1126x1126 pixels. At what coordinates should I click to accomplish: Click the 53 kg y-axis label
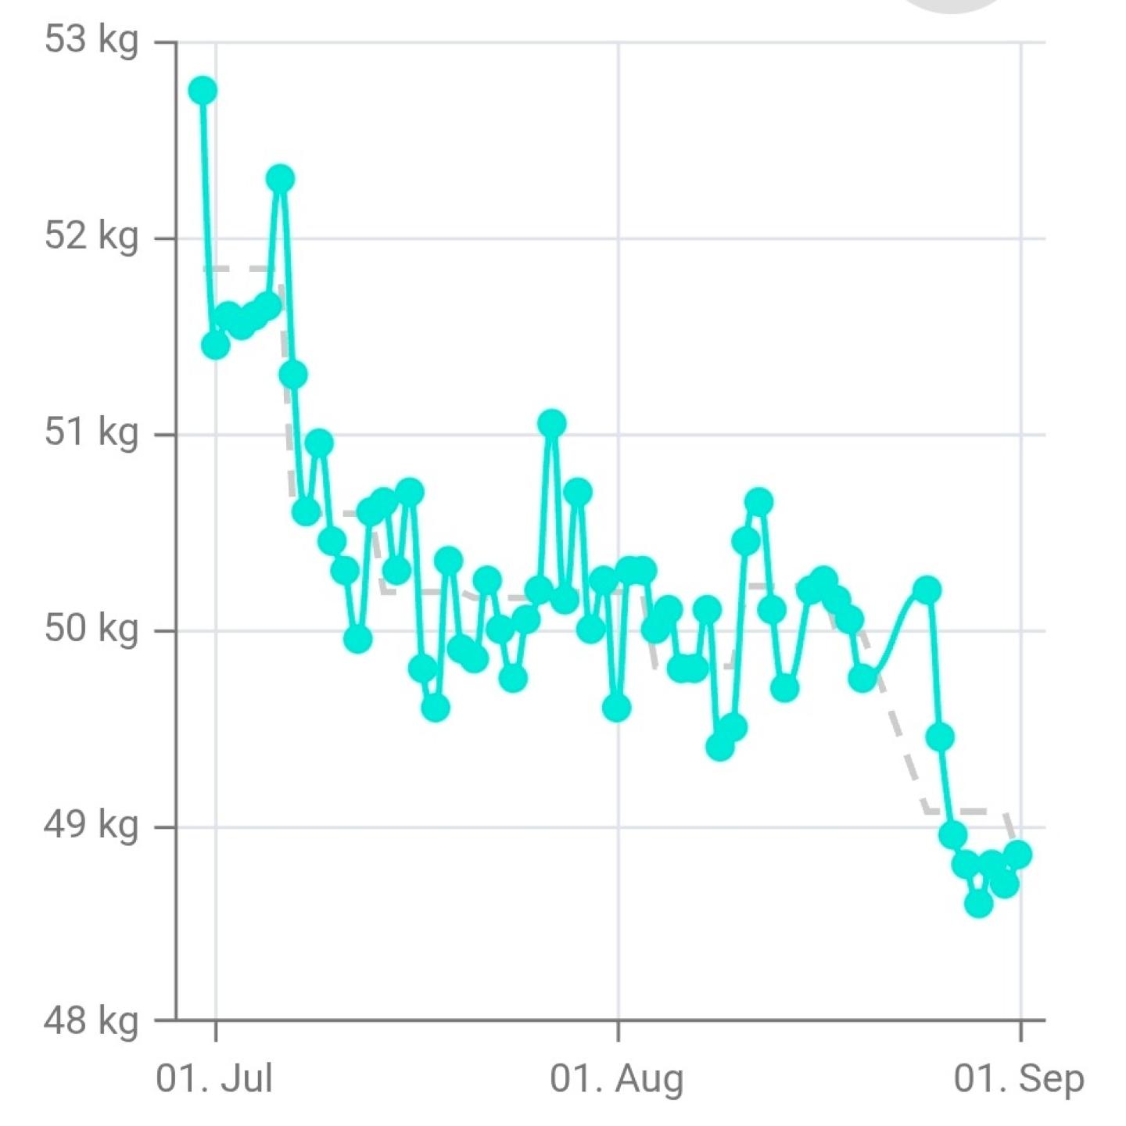coord(91,41)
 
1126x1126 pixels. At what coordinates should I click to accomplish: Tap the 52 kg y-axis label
coord(91,237)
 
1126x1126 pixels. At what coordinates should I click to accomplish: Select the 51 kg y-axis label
coord(91,433)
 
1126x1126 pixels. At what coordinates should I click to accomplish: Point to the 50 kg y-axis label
coord(91,630)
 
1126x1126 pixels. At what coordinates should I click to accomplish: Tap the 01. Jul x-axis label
coord(214,1078)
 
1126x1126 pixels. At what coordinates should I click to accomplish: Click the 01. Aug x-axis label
coord(616,1078)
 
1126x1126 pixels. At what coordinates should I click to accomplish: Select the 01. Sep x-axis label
coord(1019,1078)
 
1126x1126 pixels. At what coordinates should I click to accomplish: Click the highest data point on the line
coord(203,91)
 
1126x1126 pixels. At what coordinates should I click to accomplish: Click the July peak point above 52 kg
coord(281,178)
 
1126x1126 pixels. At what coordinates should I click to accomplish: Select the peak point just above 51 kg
coord(551,423)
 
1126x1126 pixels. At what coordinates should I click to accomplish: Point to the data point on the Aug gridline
coord(616,708)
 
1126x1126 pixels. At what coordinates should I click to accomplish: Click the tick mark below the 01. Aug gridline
coord(619,1031)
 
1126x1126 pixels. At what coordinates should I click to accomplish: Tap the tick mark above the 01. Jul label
coord(216,1031)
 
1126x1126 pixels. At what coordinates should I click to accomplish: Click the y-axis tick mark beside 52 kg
coord(166,238)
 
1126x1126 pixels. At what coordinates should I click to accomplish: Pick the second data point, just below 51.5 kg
coord(216,346)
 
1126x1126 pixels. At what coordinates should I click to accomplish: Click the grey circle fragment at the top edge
coord(952,5)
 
